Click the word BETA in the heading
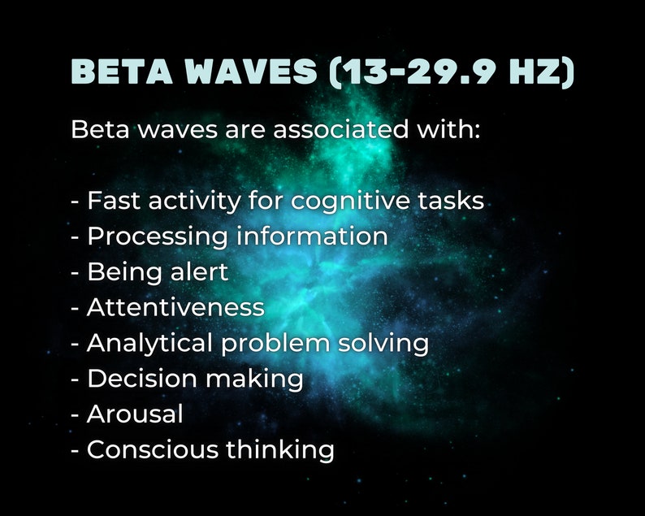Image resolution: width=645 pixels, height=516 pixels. tap(121, 73)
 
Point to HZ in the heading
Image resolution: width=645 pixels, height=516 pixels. tap(543, 73)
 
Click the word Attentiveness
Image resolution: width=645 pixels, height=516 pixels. tap(175, 307)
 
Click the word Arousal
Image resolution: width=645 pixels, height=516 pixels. tap(135, 414)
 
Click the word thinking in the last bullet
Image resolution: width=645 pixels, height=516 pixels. tap(279, 450)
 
